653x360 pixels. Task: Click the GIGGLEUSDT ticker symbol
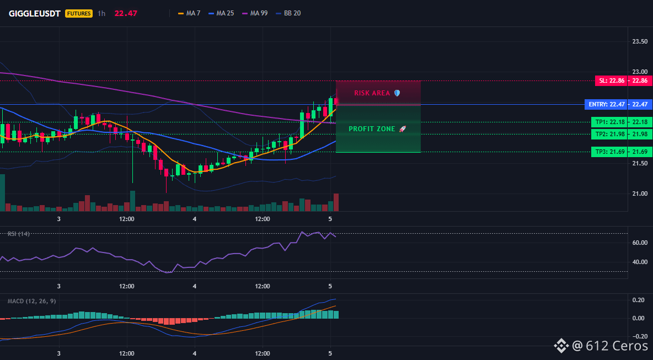coord(35,13)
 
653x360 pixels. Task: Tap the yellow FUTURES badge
coord(79,13)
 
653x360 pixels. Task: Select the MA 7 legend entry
coord(189,13)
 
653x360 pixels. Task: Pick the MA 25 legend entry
coord(221,13)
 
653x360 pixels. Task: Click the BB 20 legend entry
coord(288,13)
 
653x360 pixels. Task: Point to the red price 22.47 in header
coord(126,13)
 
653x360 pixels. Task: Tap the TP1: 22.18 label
coord(609,122)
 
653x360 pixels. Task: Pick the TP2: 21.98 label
coord(609,134)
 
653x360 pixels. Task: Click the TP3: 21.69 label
coord(609,152)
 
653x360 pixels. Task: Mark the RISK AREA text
coord(372,93)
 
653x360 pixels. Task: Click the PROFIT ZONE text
coord(372,129)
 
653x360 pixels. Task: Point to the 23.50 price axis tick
coord(640,41)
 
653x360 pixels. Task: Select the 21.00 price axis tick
coord(640,194)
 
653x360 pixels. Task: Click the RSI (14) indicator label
coord(19,234)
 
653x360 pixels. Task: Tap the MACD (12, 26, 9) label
coord(31,301)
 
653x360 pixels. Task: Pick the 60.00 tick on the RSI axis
coord(640,243)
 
